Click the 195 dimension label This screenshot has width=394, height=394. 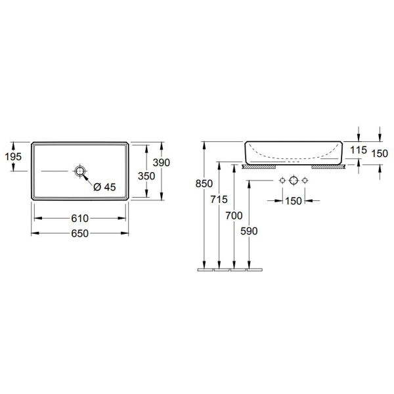(13, 156)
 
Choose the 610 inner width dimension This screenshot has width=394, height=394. (79, 218)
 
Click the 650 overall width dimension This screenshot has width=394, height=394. (79, 233)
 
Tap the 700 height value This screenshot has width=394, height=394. (234, 215)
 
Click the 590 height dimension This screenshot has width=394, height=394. (249, 231)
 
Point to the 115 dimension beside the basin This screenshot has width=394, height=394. (358, 150)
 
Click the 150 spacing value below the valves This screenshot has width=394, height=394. (294, 201)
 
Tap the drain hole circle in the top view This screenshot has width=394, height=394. (80, 171)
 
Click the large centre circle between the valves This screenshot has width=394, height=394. (294, 181)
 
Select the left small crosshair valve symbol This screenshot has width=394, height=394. (282, 181)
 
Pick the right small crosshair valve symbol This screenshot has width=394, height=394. (305, 181)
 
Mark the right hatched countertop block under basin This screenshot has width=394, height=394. (328, 167)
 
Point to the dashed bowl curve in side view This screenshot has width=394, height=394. (294, 158)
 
